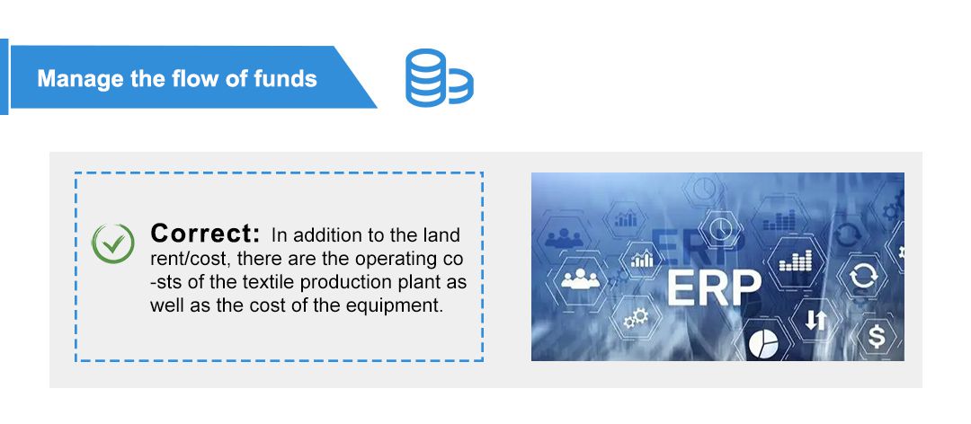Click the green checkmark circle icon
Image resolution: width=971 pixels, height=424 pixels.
pyautogui.click(x=112, y=243)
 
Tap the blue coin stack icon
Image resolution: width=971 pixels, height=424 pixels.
pyautogui.click(x=439, y=77)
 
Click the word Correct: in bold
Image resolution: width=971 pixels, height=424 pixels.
pyautogui.click(x=205, y=234)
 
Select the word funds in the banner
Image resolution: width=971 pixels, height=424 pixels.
pyautogui.click(x=286, y=79)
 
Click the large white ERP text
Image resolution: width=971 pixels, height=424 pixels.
pyautogui.click(x=714, y=287)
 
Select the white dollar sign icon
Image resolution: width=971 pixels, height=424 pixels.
pyautogui.click(x=877, y=337)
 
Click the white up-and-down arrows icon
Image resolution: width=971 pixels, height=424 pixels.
pyautogui.click(x=816, y=320)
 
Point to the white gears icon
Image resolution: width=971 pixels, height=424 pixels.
pyautogui.click(x=636, y=319)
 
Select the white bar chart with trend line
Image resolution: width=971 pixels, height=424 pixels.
pyautogui.click(x=642, y=259)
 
